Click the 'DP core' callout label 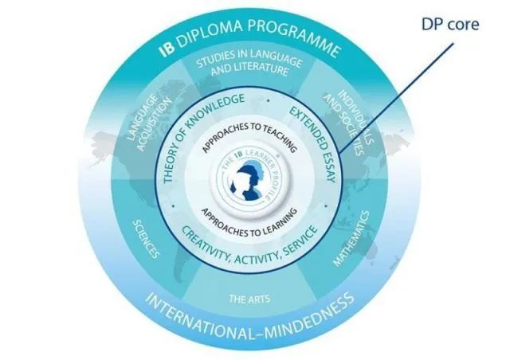tap(450, 25)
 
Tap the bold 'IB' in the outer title tap(167, 49)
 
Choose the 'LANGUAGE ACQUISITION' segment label tap(149, 123)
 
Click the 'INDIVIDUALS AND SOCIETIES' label tap(350, 123)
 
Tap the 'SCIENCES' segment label tap(147, 239)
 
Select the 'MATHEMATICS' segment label tap(351, 238)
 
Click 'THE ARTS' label tap(249, 299)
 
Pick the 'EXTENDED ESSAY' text tap(313, 144)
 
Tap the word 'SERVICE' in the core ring tap(300, 243)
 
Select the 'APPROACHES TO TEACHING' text tap(249, 136)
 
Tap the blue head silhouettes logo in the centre tap(246, 181)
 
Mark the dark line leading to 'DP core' tap(396, 98)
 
